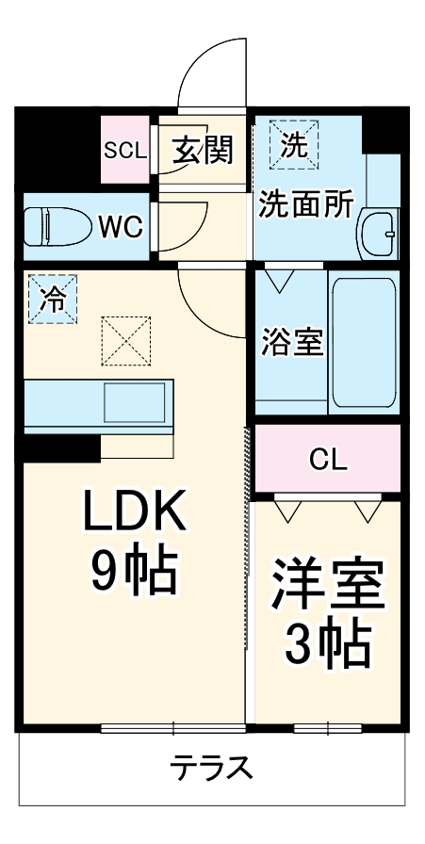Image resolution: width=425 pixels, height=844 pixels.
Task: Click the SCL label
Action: tap(123, 149)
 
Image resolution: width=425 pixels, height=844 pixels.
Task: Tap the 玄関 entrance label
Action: tap(203, 149)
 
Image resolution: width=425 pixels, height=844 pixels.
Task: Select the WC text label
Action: tap(120, 226)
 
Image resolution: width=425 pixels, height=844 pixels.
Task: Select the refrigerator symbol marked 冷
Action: tap(52, 299)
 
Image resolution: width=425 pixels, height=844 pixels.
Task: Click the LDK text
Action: tap(135, 514)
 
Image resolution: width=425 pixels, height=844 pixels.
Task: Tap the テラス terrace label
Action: tap(212, 768)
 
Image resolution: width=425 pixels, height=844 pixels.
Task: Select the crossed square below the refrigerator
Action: tap(126, 341)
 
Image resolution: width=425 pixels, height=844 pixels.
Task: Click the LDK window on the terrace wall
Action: tap(173, 727)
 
